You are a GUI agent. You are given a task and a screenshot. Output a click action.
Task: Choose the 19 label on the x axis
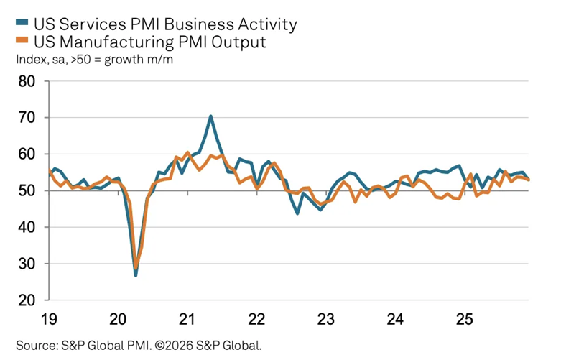(x=49, y=318)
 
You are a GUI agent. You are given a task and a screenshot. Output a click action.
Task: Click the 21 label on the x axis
(x=187, y=318)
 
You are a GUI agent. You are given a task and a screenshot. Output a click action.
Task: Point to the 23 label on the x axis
(x=326, y=318)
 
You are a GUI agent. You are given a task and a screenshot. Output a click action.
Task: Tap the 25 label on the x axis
(x=465, y=318)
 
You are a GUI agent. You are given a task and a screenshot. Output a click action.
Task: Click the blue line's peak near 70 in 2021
(x=210, y=116)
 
